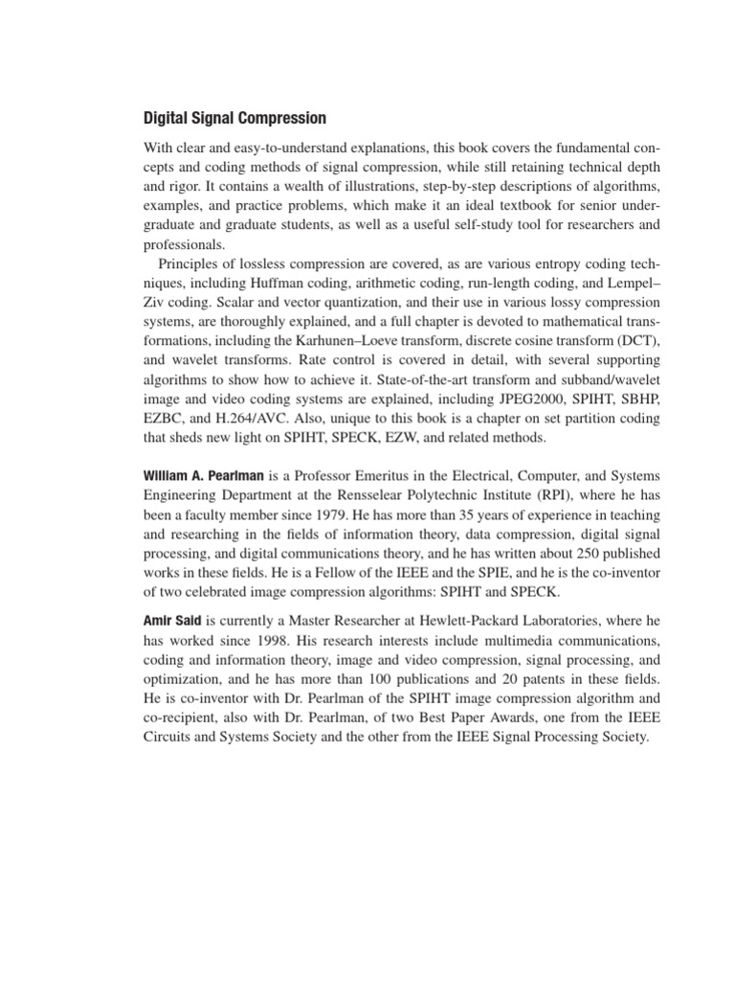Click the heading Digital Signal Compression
[234, 119]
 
